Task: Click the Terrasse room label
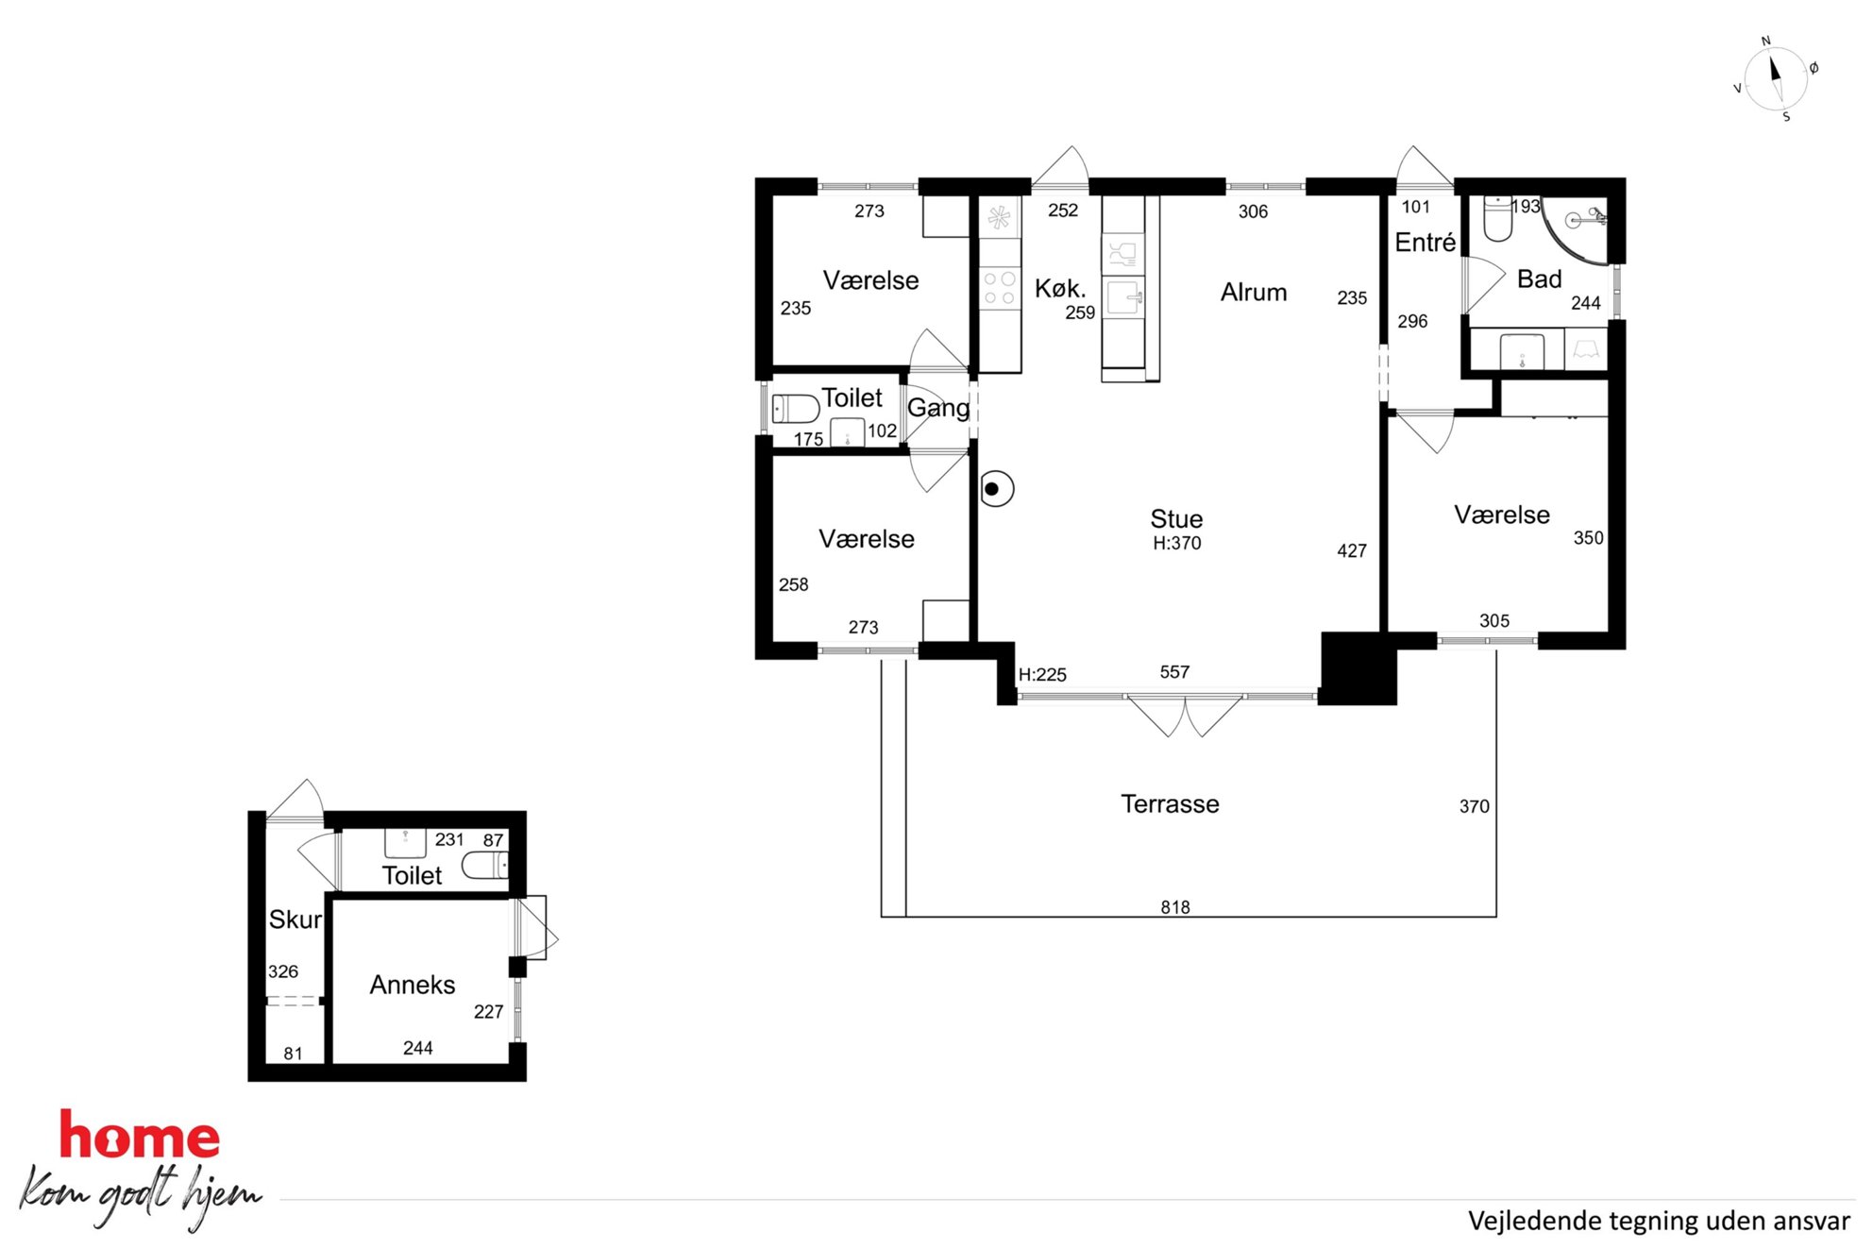[1170, 804]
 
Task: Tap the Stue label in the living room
[1176, 519]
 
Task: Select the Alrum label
[1254, 293]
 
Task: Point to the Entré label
[1426, 243]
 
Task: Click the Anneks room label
[413, 985]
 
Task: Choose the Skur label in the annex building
[295, 920]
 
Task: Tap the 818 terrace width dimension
[1175, 907]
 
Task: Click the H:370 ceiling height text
[1177, 544]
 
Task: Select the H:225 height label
[1042, 675]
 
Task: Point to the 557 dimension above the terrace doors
[1174, 672]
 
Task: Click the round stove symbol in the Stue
[996, 489]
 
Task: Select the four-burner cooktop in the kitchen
[1000, 288]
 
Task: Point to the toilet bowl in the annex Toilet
[487, 865]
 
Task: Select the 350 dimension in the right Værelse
[1588, 538]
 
